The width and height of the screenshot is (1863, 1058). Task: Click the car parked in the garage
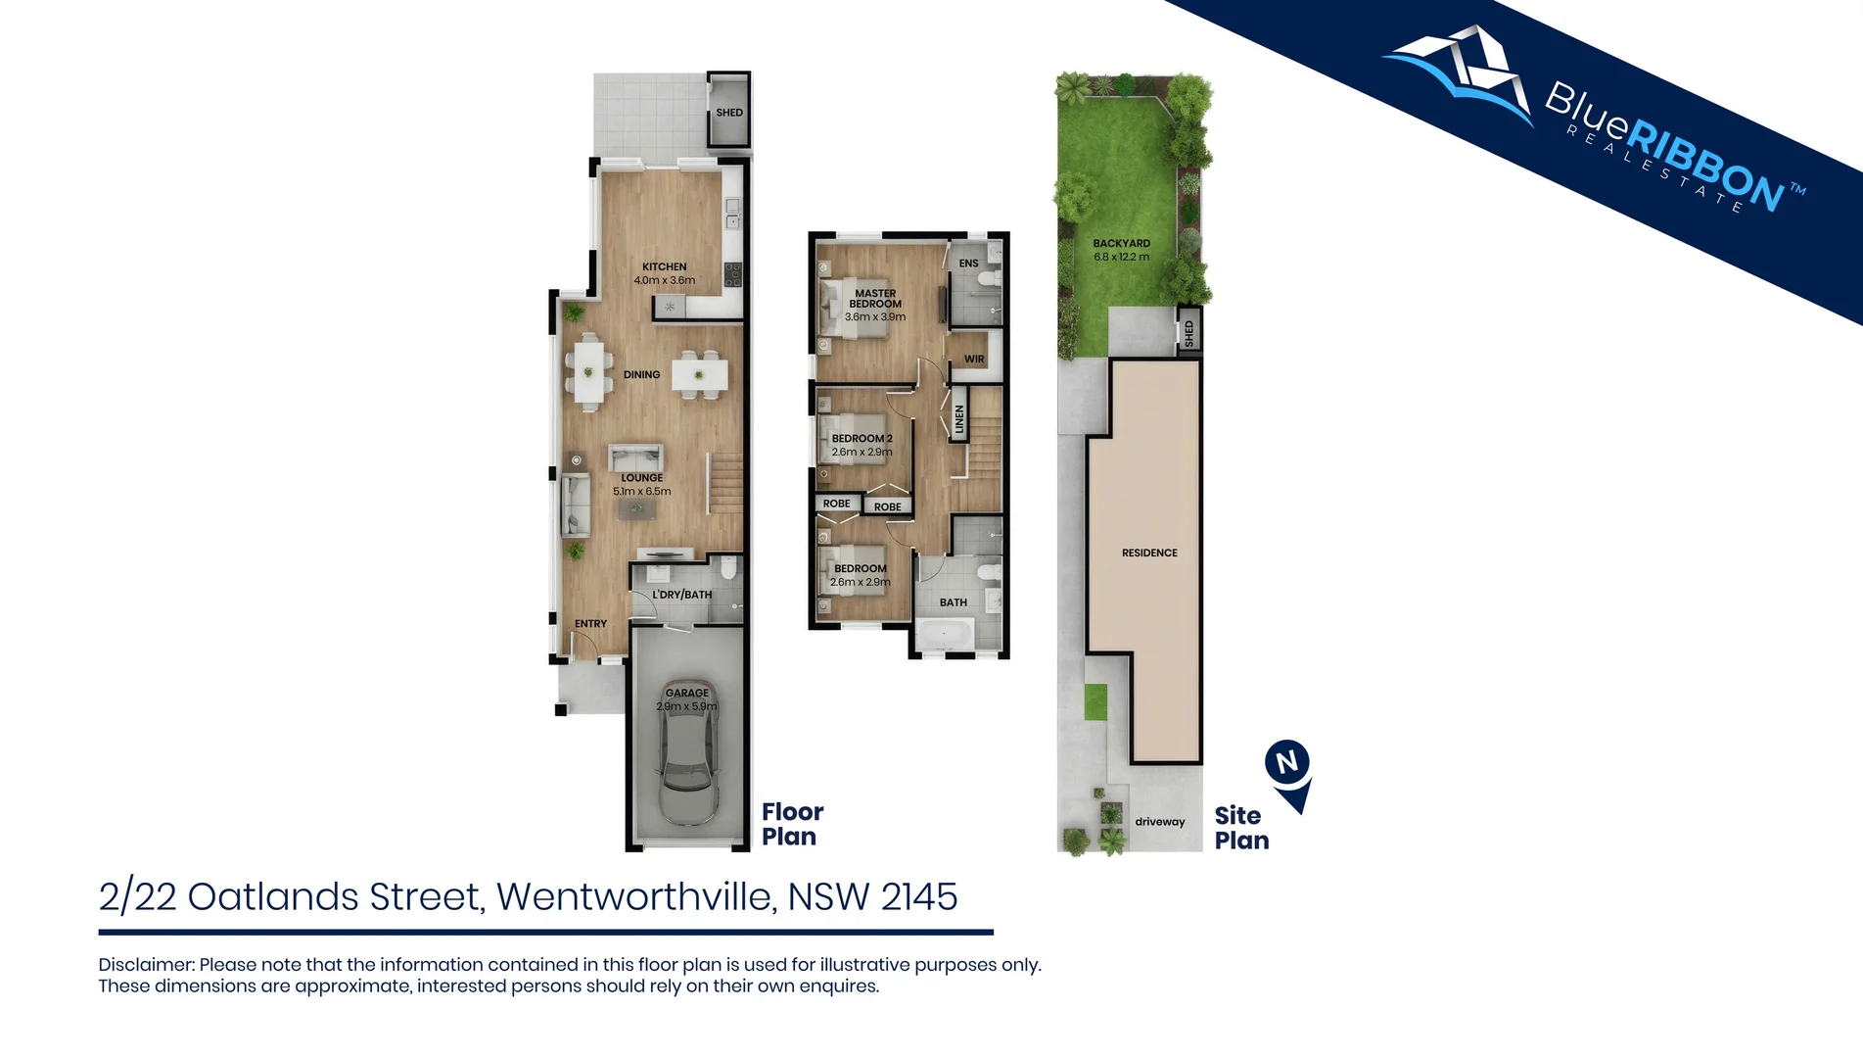(x=687, y=754)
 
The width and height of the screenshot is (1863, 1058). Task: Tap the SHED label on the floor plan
(x=729, y=113)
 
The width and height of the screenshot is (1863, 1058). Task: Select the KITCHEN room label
(x=664, y=266)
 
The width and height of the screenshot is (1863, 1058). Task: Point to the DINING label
(x=641, y=374)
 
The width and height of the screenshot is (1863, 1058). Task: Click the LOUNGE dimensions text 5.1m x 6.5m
(x=641, y=492)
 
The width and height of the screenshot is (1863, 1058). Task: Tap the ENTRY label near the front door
(x=590, y=624)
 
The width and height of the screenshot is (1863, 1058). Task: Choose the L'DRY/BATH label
(x=681, y=595)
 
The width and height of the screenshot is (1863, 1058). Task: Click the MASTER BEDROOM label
(x=875, y=298)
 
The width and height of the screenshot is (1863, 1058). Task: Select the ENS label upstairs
(x=968, y=264)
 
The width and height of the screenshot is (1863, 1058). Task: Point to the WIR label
(x=974, y=360)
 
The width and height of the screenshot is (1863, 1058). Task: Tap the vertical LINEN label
(x=959, y=419)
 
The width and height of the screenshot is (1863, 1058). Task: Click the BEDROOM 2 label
(x=862, y=439)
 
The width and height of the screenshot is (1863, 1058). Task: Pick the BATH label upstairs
(x=953, y=602)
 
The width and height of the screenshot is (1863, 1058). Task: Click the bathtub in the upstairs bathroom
(x=944, y=636)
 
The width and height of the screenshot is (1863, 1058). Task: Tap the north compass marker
(x=1287, y=763)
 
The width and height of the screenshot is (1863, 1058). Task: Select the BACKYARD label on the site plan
(x=1121, y=243)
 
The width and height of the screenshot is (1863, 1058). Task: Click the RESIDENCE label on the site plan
(x=1149, y=553)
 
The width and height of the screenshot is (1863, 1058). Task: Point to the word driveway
(x=1159, y=822)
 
